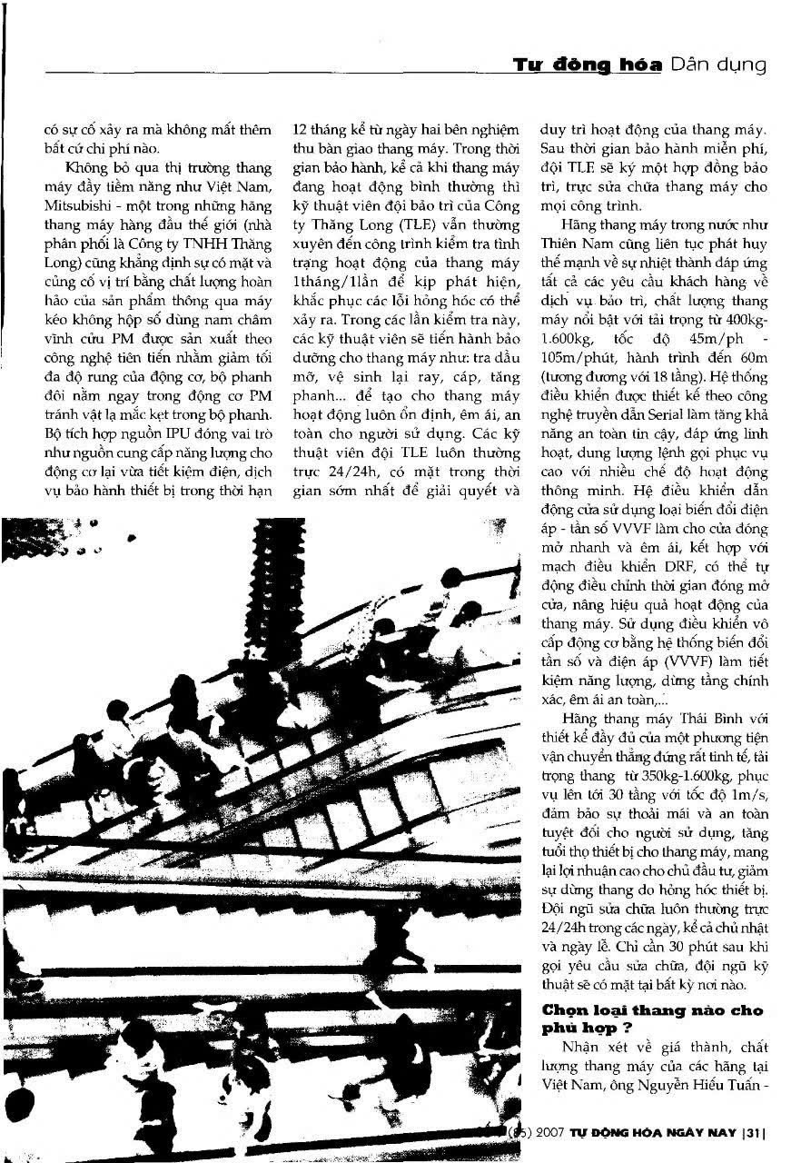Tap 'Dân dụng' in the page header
click(x=717, y=65)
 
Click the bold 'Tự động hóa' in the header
click(x=588, y=65)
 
